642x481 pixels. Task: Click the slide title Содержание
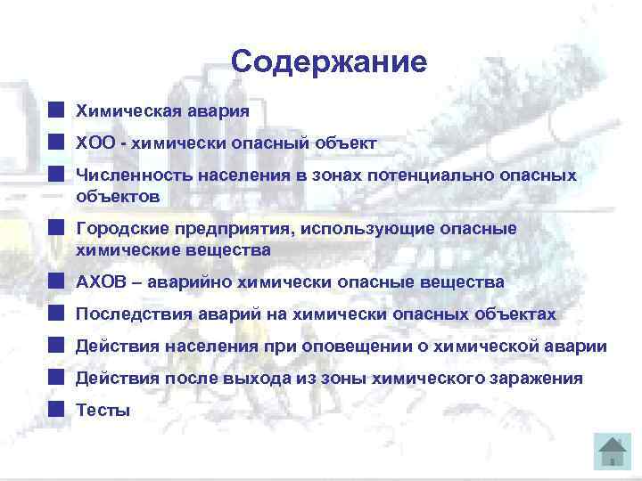point(328,61)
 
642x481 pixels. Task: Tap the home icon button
point(612,451)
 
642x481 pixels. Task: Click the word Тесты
point(103,411)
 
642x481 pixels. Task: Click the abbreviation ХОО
point(95,143)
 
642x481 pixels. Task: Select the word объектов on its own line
point(118,194)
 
